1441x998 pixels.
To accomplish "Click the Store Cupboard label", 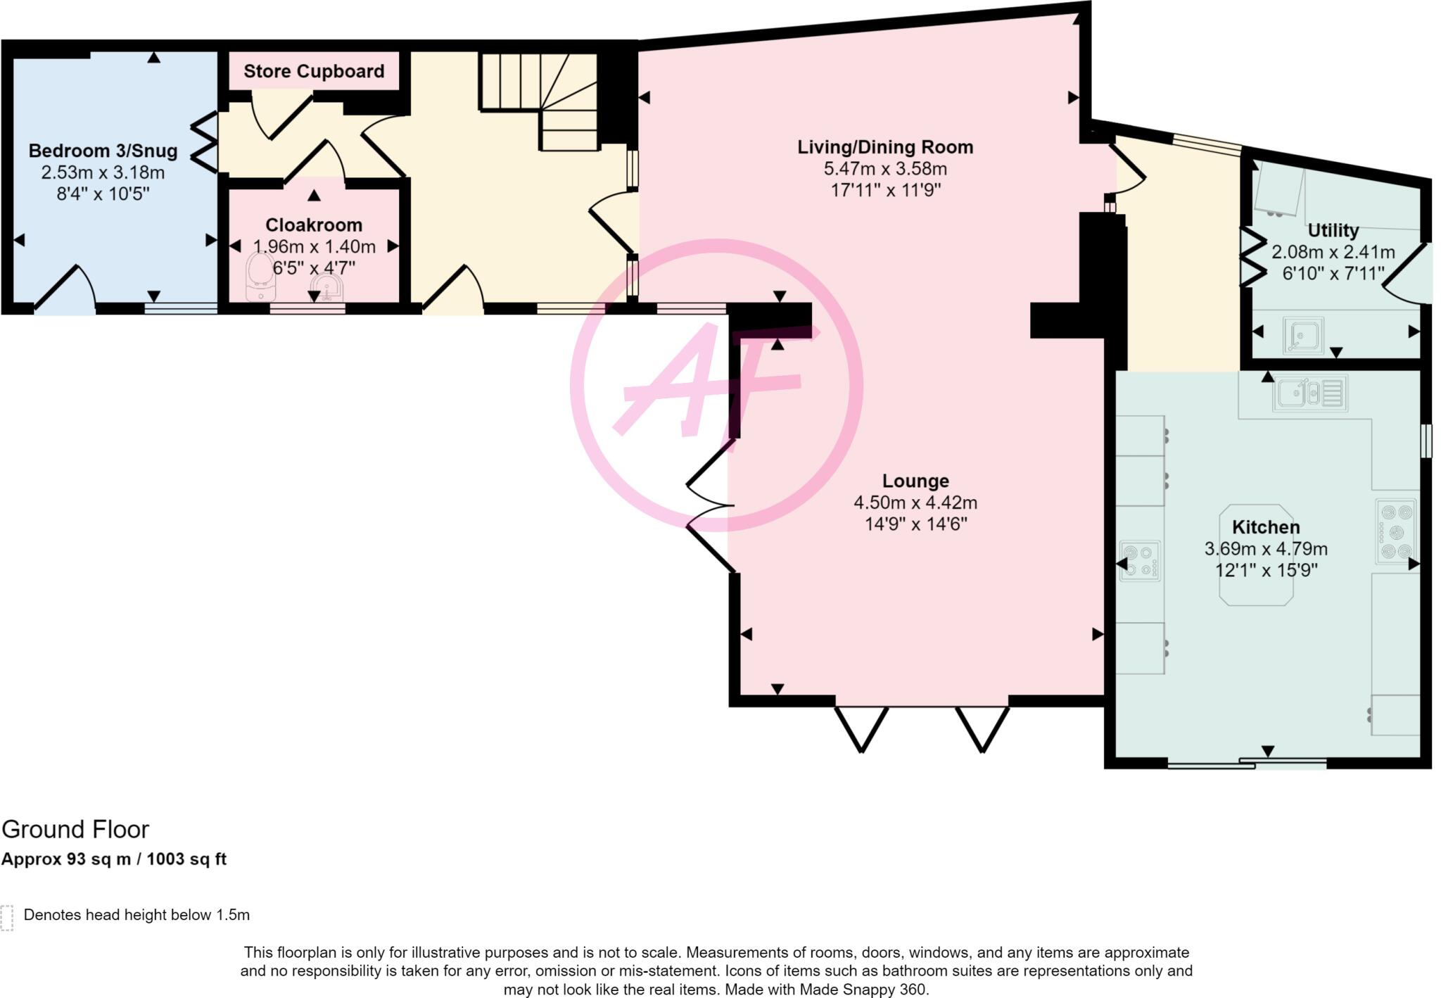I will (x=314, y=71).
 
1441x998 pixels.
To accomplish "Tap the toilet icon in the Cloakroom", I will (x=260, y=277).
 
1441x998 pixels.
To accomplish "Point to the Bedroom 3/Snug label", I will (x=103, y=151).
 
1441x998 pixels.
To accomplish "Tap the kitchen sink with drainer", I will (x=1309, y=393).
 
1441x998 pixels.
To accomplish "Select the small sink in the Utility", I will (x=1303, y=335).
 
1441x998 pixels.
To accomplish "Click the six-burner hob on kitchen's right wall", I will (x=1396, y=531).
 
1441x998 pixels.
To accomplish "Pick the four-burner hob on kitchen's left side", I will (x=1140, y=561).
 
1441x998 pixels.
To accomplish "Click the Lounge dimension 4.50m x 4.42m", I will (x=915, y=503).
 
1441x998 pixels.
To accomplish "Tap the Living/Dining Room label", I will (x=885, y=147).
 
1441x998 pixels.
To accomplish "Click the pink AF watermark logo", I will (x=716, y=385).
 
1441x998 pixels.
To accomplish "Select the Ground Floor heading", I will (x=75, y=830).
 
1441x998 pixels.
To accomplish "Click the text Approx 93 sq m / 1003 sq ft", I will (x=114, y=859).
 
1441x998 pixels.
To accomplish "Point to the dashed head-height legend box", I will (x=7, y=917).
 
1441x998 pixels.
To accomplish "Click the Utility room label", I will (x=1333, y=230).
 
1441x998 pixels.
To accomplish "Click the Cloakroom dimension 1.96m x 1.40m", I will (x=314, y=246).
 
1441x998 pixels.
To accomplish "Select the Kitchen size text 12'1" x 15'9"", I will (x=1266, y=570).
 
